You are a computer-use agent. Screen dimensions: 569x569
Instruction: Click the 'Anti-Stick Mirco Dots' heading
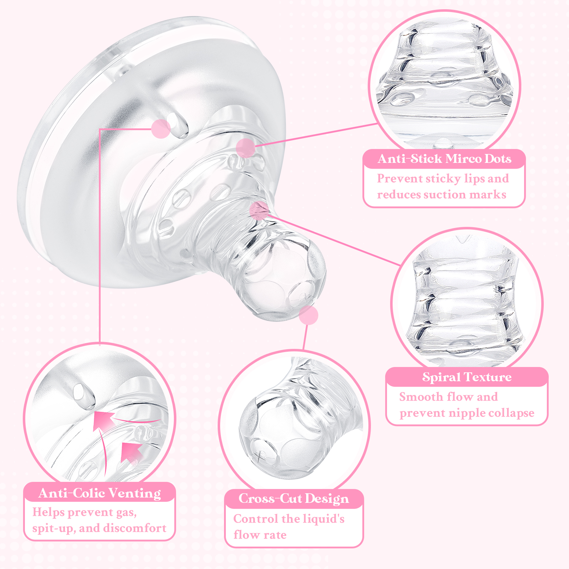[444, 159]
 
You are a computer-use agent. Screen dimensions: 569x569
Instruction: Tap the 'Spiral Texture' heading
[467, 377]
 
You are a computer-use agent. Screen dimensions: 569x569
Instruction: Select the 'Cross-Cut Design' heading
[293, 499]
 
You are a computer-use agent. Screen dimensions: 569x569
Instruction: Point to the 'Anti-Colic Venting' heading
[100, 493]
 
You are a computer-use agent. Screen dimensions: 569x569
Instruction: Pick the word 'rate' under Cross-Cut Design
[275, 535]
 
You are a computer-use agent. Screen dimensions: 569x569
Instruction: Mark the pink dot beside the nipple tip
[308, 315]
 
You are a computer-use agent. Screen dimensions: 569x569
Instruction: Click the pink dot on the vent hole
[161, 128]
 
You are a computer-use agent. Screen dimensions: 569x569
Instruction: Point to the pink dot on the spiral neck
[259, 210]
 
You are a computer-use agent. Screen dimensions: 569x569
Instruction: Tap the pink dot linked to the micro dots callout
[245, 148]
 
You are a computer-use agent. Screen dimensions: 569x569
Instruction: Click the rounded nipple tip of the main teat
[284, 281]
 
